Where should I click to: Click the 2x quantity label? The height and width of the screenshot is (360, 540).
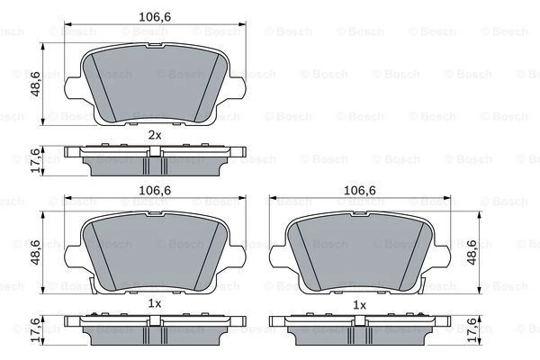[x=155, y=134]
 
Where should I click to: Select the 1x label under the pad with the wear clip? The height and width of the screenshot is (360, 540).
[x=155, y=304]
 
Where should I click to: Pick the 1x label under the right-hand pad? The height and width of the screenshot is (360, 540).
[x=359, y=304]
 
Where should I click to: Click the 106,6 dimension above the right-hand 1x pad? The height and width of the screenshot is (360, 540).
[x=359, y=191]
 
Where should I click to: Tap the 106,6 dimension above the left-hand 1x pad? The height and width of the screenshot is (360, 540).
[x=155, y=191]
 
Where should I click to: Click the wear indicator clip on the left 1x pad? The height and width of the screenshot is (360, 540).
[x=97, y=285]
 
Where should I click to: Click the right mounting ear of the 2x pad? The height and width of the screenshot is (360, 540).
[x=238, y=88]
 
